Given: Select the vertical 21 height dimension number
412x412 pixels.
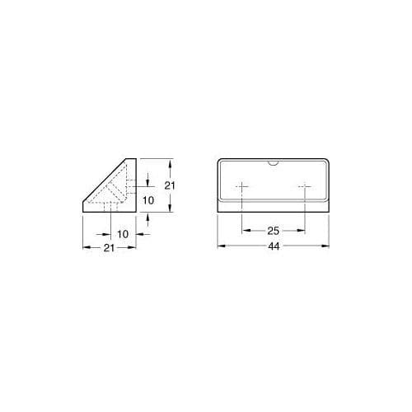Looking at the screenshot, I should tap(170, 186).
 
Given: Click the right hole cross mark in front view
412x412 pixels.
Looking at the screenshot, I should tap(304, 187).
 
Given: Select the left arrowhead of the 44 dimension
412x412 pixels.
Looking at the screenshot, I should tap(220, 246).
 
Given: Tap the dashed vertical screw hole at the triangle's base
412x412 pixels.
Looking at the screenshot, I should tap(111, 207).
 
